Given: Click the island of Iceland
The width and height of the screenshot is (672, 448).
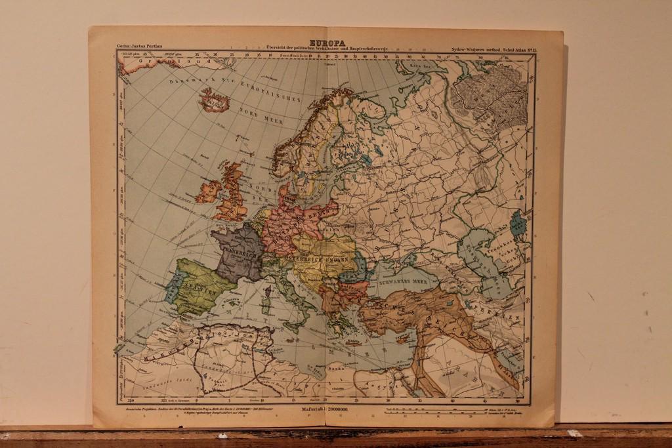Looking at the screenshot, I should point(215,101).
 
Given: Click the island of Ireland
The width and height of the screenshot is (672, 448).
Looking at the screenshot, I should point(209,192).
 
